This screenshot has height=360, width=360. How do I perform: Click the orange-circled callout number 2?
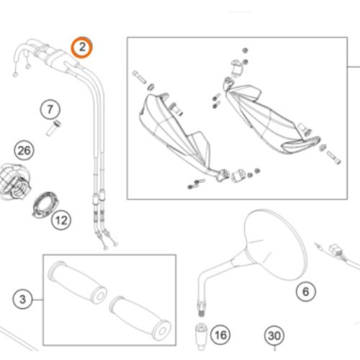pyautogui.click(x=81, y=48)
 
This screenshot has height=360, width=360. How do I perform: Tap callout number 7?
pyautogui.click(x=50, y=109)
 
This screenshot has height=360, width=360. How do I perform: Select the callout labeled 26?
pyautogui.click(x=24, y=150)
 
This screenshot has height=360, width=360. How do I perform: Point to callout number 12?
pyautogui.click(x=61, y=220)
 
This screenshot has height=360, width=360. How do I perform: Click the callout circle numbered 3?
pyautogui.click(x=22, y=299)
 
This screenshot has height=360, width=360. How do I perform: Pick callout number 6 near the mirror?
pyautogui.click(x=306, y=292)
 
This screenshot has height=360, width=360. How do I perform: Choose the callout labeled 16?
pyautogui.click(x=220, y=335)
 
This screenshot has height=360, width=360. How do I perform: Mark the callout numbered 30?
pyautogui.click(x=274, y=336)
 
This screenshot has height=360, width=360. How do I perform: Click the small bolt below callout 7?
pyautogui.click(x=53, y=128)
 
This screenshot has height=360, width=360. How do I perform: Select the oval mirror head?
pyautogui.click(x=276, y=245)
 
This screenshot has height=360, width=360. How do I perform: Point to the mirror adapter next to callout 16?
pyautogui.click(x=201, y=336)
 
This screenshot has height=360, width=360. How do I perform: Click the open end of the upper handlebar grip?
pyautogui.click(x=99, y=296)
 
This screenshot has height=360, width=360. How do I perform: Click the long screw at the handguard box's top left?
pyautogui.click(x=139, y=76)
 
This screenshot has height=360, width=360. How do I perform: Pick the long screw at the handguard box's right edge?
pyautogui.click(x=333, y=157)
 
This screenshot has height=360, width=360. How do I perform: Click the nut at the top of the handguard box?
pyautogui.click(x=245, y=50)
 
